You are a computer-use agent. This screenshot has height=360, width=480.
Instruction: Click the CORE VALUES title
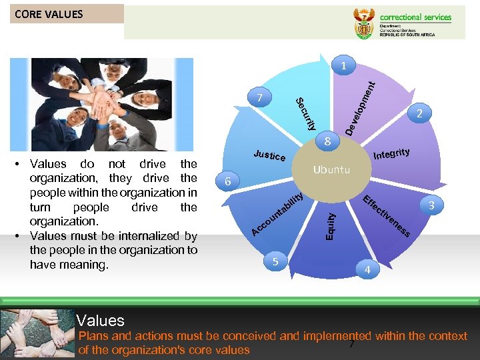coord(49,14)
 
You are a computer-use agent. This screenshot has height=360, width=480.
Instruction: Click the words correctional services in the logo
coord(415,17)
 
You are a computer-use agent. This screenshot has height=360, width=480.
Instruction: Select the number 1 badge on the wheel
coord(343,66)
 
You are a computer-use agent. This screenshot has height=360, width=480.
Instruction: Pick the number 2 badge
coord(419,114)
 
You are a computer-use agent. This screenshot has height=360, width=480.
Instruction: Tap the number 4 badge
coord(367,270)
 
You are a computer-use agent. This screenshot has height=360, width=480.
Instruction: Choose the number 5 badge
coord(275,262)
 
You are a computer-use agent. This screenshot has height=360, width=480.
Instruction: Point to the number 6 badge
coord(228,181)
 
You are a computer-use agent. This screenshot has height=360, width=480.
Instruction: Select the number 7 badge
coord(259,98)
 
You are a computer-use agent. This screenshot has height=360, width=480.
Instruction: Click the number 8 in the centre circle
coord(327,141)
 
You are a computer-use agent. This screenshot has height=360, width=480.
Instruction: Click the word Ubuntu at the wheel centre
coord(331,169)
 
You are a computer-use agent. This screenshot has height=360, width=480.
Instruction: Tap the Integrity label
coord(391,155)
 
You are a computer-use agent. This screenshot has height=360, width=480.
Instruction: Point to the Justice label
coord(270,155)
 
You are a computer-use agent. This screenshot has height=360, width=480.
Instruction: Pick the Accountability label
coord(277,214)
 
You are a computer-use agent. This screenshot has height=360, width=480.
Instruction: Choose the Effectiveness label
coord(386,216)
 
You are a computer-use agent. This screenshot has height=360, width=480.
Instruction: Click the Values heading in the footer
coord(100,321)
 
